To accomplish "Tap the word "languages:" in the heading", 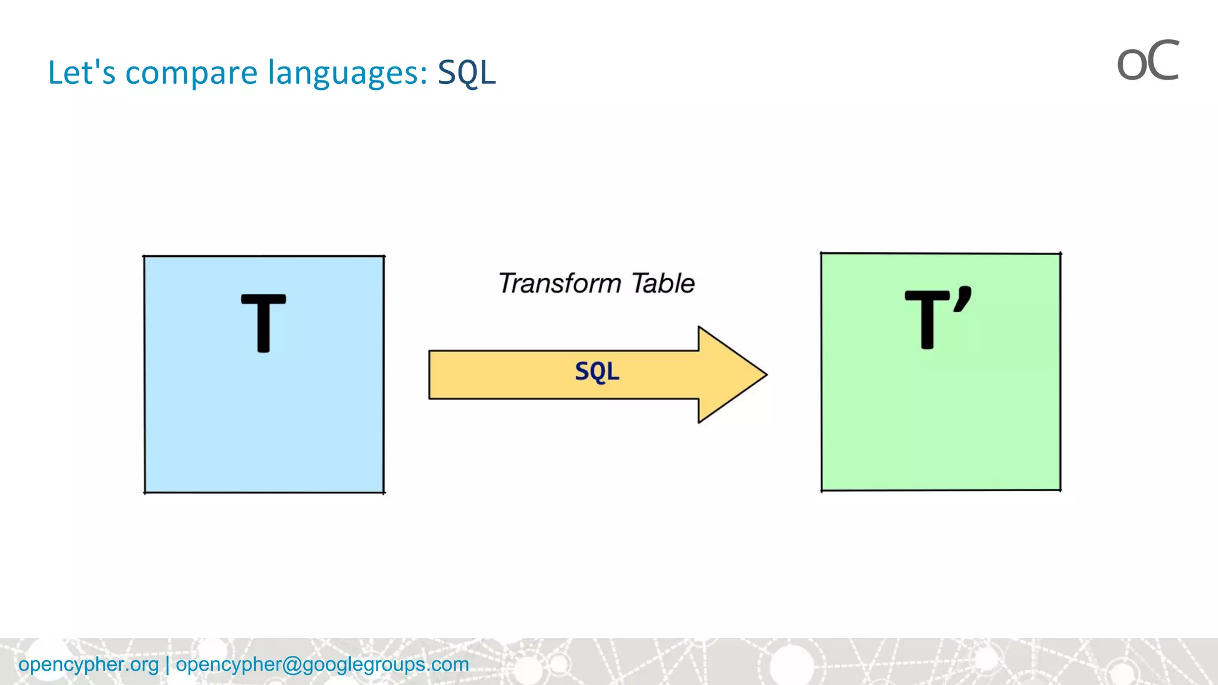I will (x=347, y=73).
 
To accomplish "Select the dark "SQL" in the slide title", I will (x=466, y=73).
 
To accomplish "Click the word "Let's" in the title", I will (x=81, y=73).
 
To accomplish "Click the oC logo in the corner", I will (x=1147, y=61).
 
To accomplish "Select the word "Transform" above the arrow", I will (x=560, y=283).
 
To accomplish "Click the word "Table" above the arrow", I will (x=663, y=283).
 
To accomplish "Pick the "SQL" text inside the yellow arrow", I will (x=597, y=372).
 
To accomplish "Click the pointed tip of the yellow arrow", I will (x=765, y=375).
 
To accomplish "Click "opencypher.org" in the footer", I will (x=89, y=664).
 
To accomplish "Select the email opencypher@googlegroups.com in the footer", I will (x=322, y=664).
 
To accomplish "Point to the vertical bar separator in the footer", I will (x=168, y=664).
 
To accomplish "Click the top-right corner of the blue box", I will (x=384, y=257).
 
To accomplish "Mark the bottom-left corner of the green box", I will (x=822, y=490).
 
